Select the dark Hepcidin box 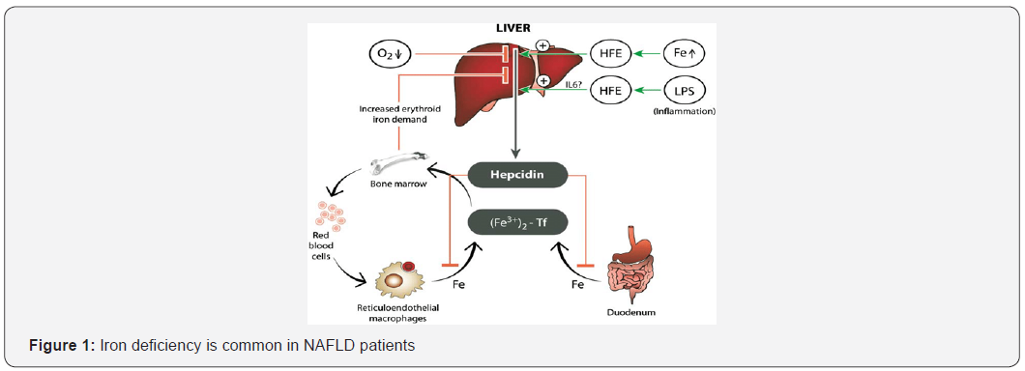(x=516, y=176)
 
